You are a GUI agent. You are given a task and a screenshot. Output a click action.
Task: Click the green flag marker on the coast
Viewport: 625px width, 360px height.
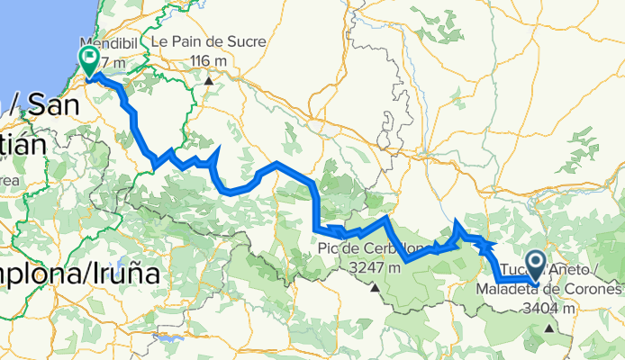[x=90, y=61]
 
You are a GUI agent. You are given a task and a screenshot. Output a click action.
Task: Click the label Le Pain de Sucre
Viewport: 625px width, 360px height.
[x=198, y=42]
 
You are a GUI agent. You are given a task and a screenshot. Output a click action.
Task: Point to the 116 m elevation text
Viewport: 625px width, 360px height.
[x=209, y=60]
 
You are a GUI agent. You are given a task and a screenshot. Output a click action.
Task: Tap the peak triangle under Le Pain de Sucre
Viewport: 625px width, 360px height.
[x=209, y=80]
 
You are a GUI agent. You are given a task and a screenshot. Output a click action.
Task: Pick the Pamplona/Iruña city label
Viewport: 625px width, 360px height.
[x=77, y=271]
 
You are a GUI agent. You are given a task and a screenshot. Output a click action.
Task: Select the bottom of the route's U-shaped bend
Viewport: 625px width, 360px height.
[x=236, y=190]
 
